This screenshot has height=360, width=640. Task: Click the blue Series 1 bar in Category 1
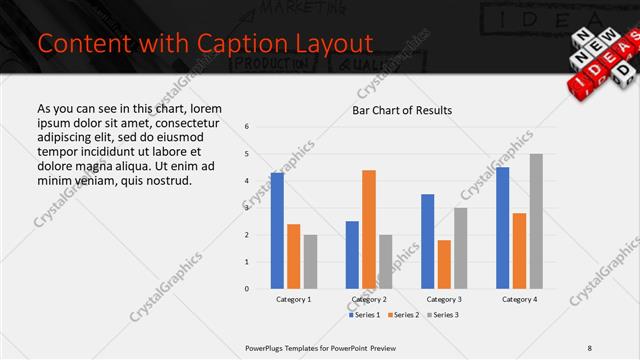pyautogui.click(x=277, y=231)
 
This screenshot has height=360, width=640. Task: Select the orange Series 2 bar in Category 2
pyautogui.click(x=369, y=229)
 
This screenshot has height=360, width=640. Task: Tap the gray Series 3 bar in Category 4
pyautogui.click(x=536, y=221)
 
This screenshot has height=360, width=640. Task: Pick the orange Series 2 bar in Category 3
pyautogui.click(x=444, y=264)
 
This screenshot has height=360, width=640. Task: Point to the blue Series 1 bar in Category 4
pyautogui.click(x=502, y=228)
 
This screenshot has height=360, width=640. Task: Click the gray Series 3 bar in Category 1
pyautogui.click(x=311, y=262)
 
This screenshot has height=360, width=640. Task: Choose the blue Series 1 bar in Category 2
pyautogui.click(x=352, y=255)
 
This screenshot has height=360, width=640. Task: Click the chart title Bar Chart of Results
pyautogui.click(x=402, y=110)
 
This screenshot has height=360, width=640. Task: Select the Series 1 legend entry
pyautogui.click(x=365, y=315)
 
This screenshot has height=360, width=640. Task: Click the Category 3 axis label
pyautogui.click(x=444, y=299)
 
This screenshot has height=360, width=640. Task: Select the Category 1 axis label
pyautogui.click(x=294, y=299)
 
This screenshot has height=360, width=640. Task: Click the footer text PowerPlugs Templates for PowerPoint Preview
pyautogui.click(x=320, y=347)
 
